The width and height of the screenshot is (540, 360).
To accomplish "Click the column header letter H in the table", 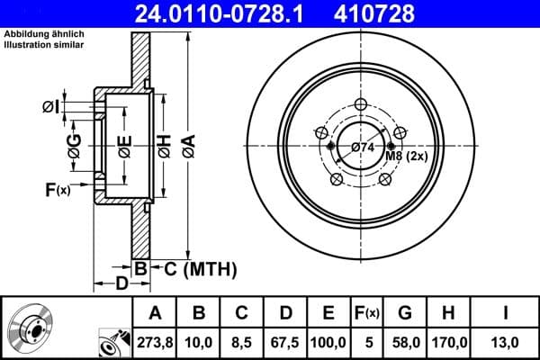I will pyautogui.click(x=451, y=313).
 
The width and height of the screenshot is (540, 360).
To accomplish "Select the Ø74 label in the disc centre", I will pyautogui.click(x=363, y=147).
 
